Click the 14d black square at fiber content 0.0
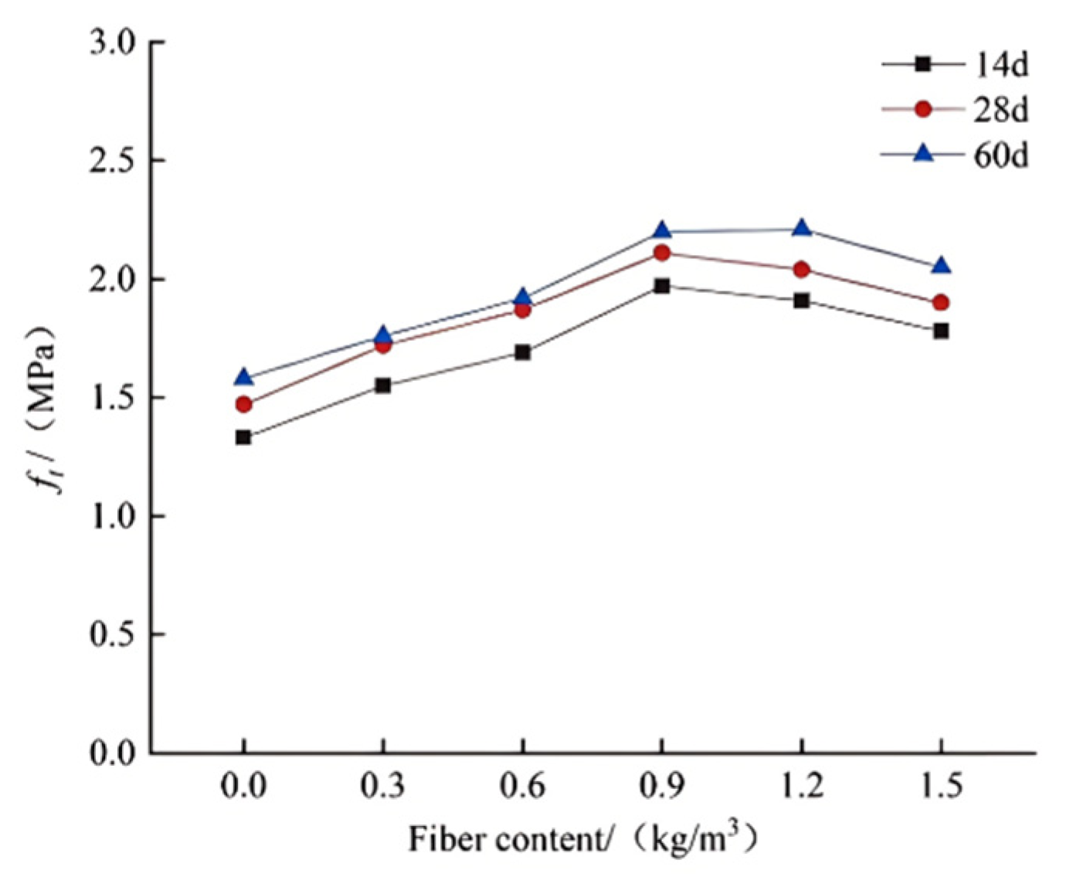(x=243, y=437)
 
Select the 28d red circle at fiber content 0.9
(x=662, y=253)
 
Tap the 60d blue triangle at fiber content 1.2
(x=802, y=229)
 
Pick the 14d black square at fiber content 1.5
(x=941, y=331)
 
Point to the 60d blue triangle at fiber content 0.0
(x=243, y=378)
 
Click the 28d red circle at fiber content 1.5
(x=941, y=302)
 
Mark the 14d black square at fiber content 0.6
(x=523, y=352)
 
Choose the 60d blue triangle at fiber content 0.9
(x=662, y=231)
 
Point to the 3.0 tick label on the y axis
(x=112, y=42)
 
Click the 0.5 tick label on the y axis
(x=112, y=634)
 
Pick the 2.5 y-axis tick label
(x=112, y=161)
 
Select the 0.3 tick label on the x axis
(x=383, y=787)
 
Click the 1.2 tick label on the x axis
(x=802, y=787)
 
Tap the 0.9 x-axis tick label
(x=662, y=787)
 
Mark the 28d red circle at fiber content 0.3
(x=383, y=345)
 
